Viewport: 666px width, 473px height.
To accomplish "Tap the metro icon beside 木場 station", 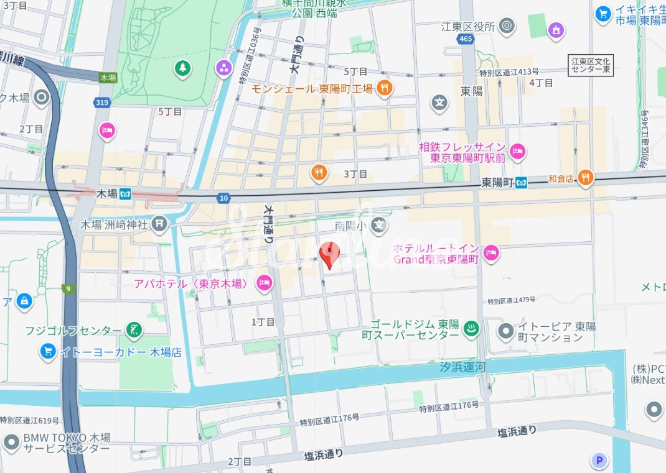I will coord(126,194).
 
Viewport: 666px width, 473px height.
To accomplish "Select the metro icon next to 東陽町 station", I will coord(521,183).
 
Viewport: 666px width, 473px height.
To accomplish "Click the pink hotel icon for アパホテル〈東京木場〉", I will coord(265,283).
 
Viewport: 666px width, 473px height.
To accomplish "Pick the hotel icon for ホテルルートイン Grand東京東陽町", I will coord(492,252).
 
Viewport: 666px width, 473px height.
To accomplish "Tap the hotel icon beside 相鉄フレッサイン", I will coord(517,150).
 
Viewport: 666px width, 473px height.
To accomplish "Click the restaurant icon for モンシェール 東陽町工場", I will coord(385,88).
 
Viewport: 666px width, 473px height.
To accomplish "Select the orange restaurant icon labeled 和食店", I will coord(585,178).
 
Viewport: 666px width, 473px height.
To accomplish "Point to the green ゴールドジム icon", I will coord(472,329).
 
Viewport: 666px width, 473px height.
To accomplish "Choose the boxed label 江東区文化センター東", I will coord(591,65).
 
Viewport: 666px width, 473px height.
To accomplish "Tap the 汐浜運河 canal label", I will coord(462,367).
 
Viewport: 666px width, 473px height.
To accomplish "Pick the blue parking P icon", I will coord(599,460).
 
